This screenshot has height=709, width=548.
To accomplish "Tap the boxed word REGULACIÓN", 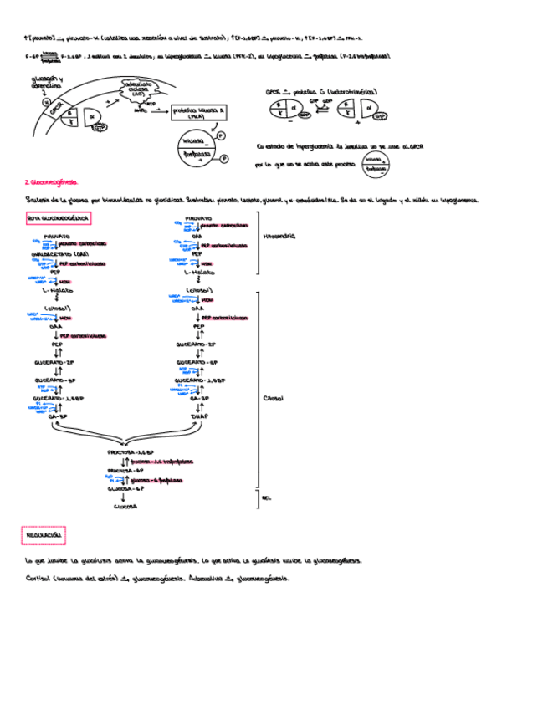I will point(42,533).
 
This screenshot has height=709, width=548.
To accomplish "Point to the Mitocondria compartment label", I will point(279,237).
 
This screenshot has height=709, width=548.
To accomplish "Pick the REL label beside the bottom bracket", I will point(267,497).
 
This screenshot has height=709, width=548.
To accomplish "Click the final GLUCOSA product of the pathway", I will point(125,506).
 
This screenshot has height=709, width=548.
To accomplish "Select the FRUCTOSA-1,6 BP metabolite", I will point(128,451).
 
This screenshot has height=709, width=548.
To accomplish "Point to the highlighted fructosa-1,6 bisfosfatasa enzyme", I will point(158,461).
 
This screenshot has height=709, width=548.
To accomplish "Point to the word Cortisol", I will point(39,579).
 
